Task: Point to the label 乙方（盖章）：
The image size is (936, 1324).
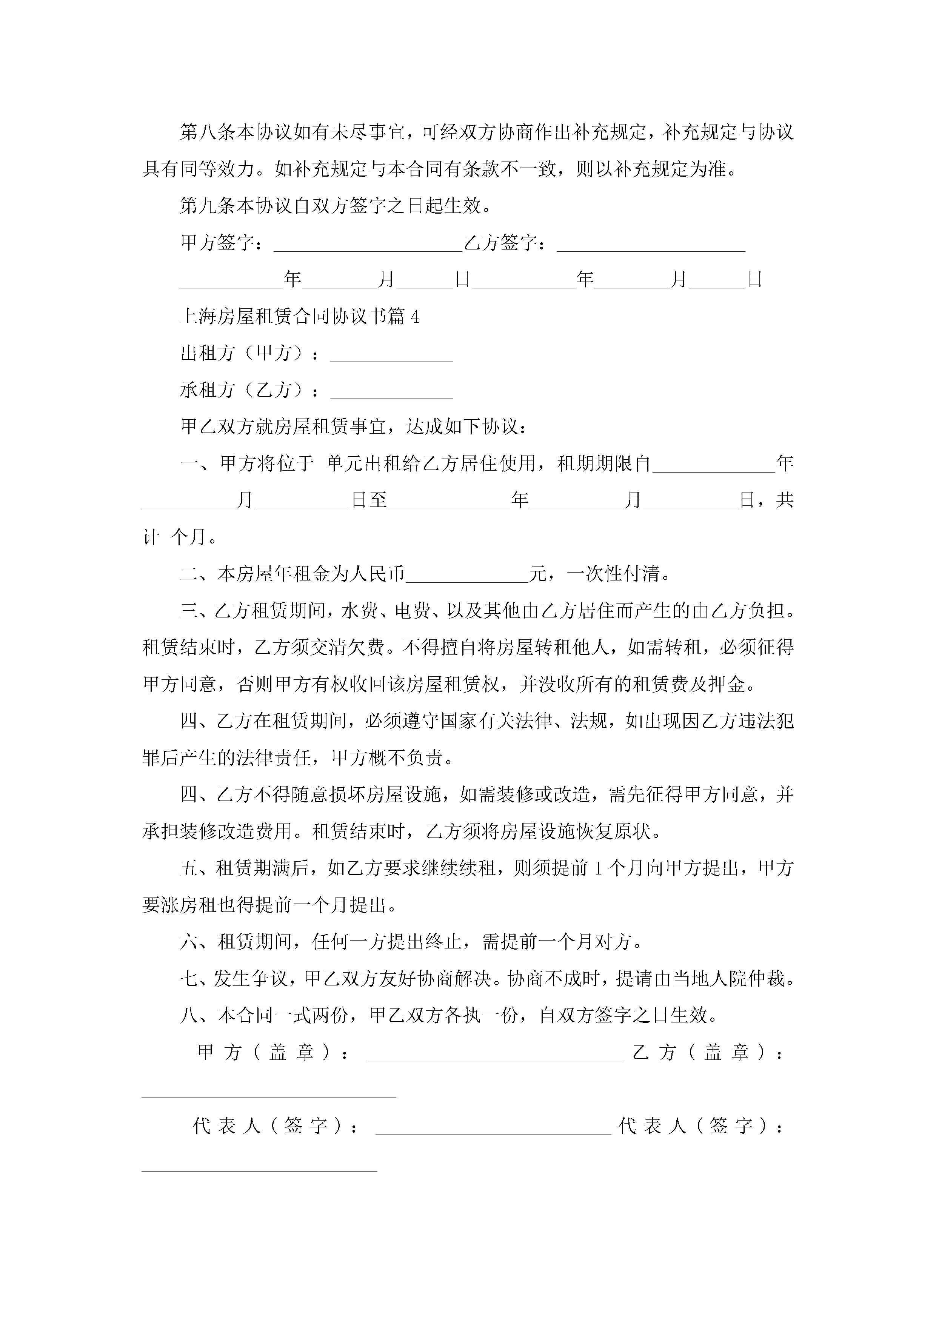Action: [707, 1052]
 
